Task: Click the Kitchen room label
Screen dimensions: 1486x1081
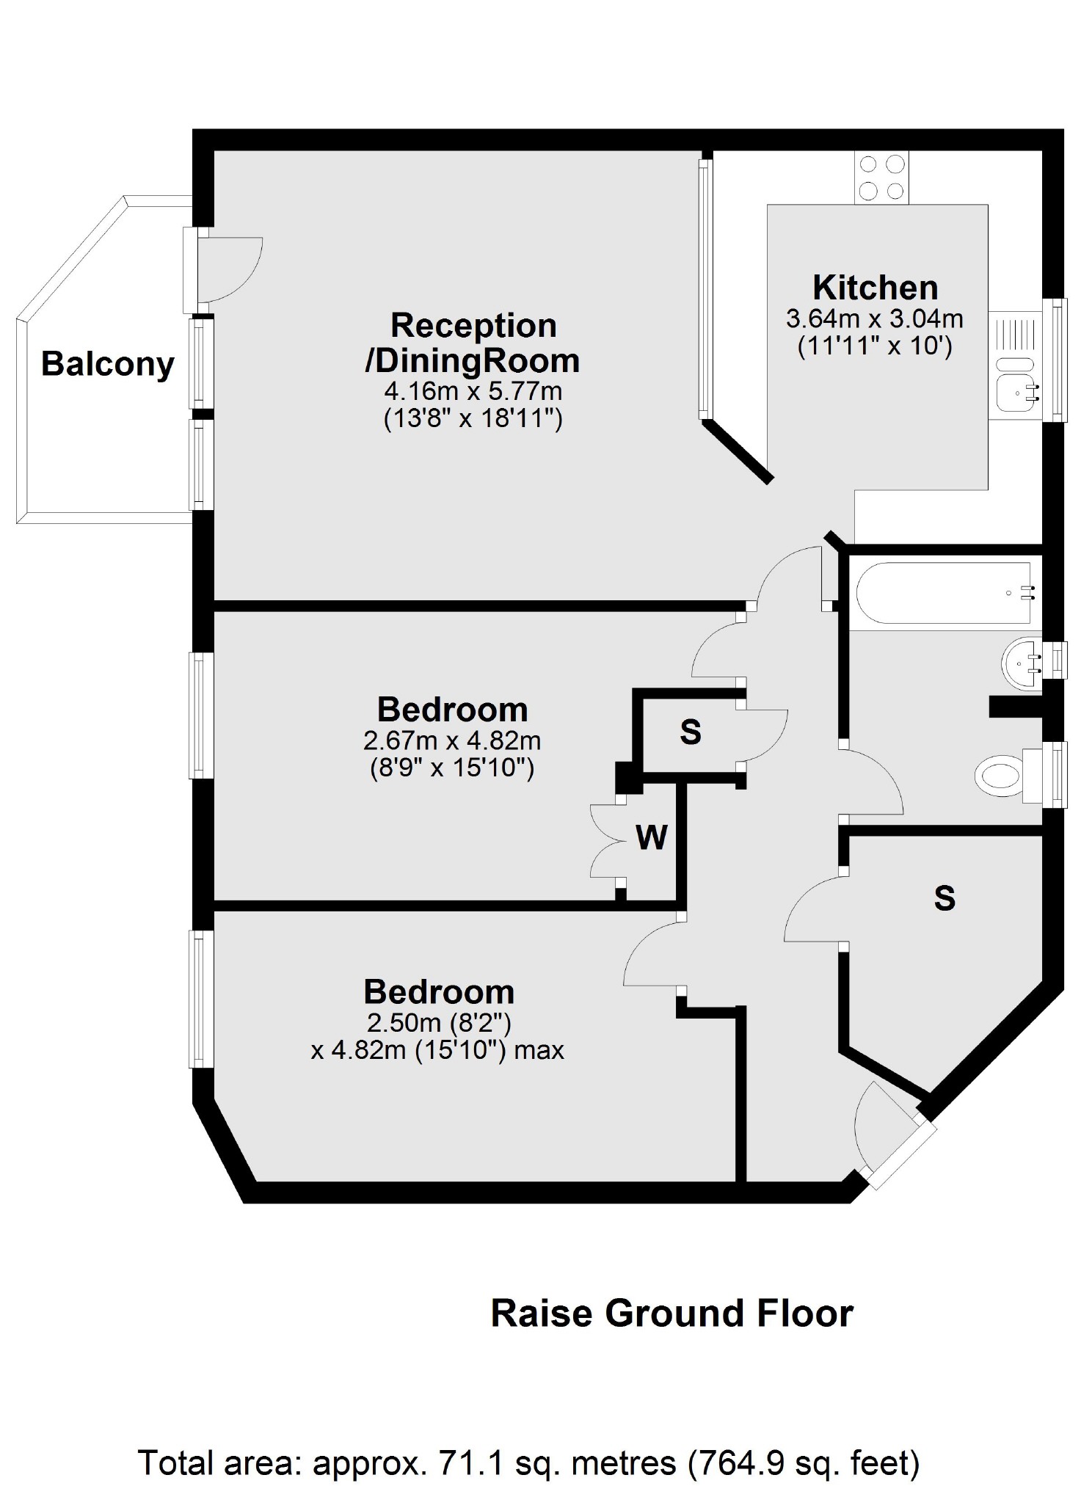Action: click(875, 287)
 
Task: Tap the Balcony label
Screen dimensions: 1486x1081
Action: click(107, 364)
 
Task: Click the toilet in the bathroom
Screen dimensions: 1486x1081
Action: click(1000, 775)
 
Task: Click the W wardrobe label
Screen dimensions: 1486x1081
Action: click(652, 837)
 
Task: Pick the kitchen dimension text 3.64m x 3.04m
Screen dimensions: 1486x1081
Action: click(875, 319)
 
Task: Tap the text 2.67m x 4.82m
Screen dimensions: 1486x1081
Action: click(452, 740)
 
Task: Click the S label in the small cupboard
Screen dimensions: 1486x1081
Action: click(691, 732)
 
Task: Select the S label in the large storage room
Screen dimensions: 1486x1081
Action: click(944, 897)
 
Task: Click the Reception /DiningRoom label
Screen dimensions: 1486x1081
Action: click(473, 343)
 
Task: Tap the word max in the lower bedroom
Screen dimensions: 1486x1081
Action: click(539, 1050)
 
